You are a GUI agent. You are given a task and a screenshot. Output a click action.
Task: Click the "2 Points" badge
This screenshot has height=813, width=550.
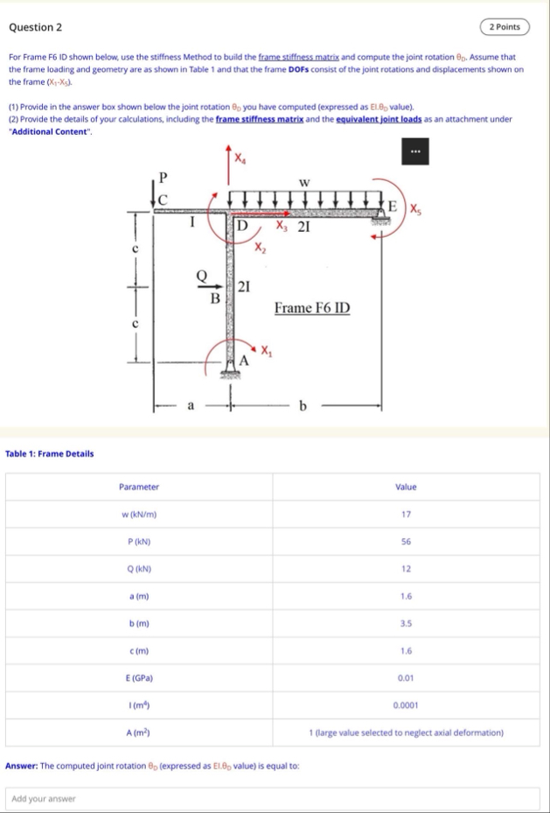505,26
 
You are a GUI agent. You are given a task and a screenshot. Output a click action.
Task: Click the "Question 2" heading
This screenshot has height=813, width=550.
35,27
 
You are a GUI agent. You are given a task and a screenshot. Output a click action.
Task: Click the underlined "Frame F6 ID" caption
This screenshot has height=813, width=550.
312,307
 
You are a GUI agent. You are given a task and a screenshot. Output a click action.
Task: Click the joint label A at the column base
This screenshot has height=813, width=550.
245,359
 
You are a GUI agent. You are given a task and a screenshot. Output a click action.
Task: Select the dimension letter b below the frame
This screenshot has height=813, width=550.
303,405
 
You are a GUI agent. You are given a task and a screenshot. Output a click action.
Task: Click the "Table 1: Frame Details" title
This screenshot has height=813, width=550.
50,453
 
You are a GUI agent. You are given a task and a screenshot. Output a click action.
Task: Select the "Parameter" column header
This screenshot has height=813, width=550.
139,487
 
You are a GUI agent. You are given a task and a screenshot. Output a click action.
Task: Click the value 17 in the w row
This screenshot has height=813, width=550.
406,514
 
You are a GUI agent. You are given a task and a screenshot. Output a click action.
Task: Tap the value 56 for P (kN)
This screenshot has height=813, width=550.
406,542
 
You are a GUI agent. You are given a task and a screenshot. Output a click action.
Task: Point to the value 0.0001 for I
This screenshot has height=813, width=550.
406,704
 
